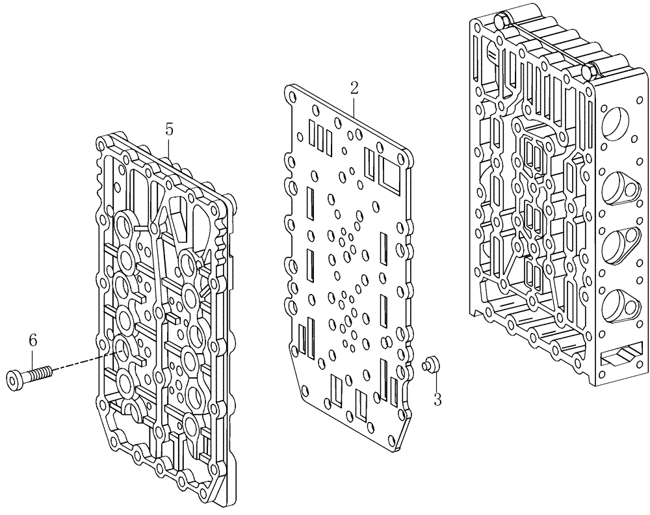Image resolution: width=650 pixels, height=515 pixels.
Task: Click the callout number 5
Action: tap(169, 129)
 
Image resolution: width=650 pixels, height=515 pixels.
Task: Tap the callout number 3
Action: tap(437, 400)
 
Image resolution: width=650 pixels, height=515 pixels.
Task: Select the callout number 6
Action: tap(32, 339)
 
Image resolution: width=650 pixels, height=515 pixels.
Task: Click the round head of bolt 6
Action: tap(14, 378)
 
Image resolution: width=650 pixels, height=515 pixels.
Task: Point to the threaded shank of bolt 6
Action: tap(38, 373)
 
